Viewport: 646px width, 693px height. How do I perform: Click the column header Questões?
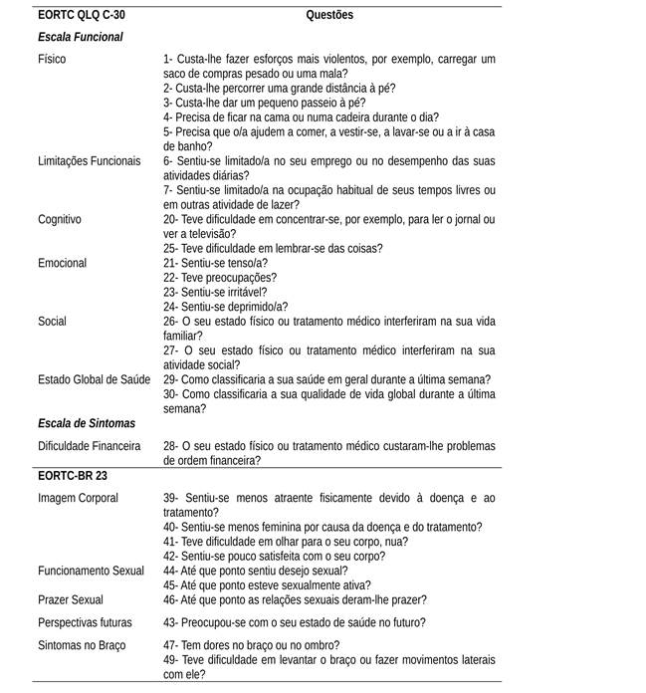tap(328, 15)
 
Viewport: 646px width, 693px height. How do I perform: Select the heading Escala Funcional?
tap(80, 37)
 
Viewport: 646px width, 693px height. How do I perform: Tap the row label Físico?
tap(52, 59)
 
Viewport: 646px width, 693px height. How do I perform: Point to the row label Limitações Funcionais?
tap(90, 160)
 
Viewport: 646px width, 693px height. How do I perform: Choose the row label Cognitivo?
tap(60, 218)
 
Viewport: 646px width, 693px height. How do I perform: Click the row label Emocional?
tap(62, 263)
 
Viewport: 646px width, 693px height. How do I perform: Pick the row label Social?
tap(53, 321)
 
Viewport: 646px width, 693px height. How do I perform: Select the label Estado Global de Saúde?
tap(95, 379)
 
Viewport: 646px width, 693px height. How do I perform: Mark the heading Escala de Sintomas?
tap(86, 423)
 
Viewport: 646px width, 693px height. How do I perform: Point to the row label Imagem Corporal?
tap(78, 497)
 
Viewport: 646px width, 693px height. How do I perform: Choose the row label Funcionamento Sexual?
tap(92, 571)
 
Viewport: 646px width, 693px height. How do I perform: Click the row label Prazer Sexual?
tap(70, 599)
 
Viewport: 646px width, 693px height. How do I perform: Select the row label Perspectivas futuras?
tap(86, 622)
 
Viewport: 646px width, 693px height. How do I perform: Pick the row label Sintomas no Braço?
tap(82, 644)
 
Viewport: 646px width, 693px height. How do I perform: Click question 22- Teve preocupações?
tap(220, 277)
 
